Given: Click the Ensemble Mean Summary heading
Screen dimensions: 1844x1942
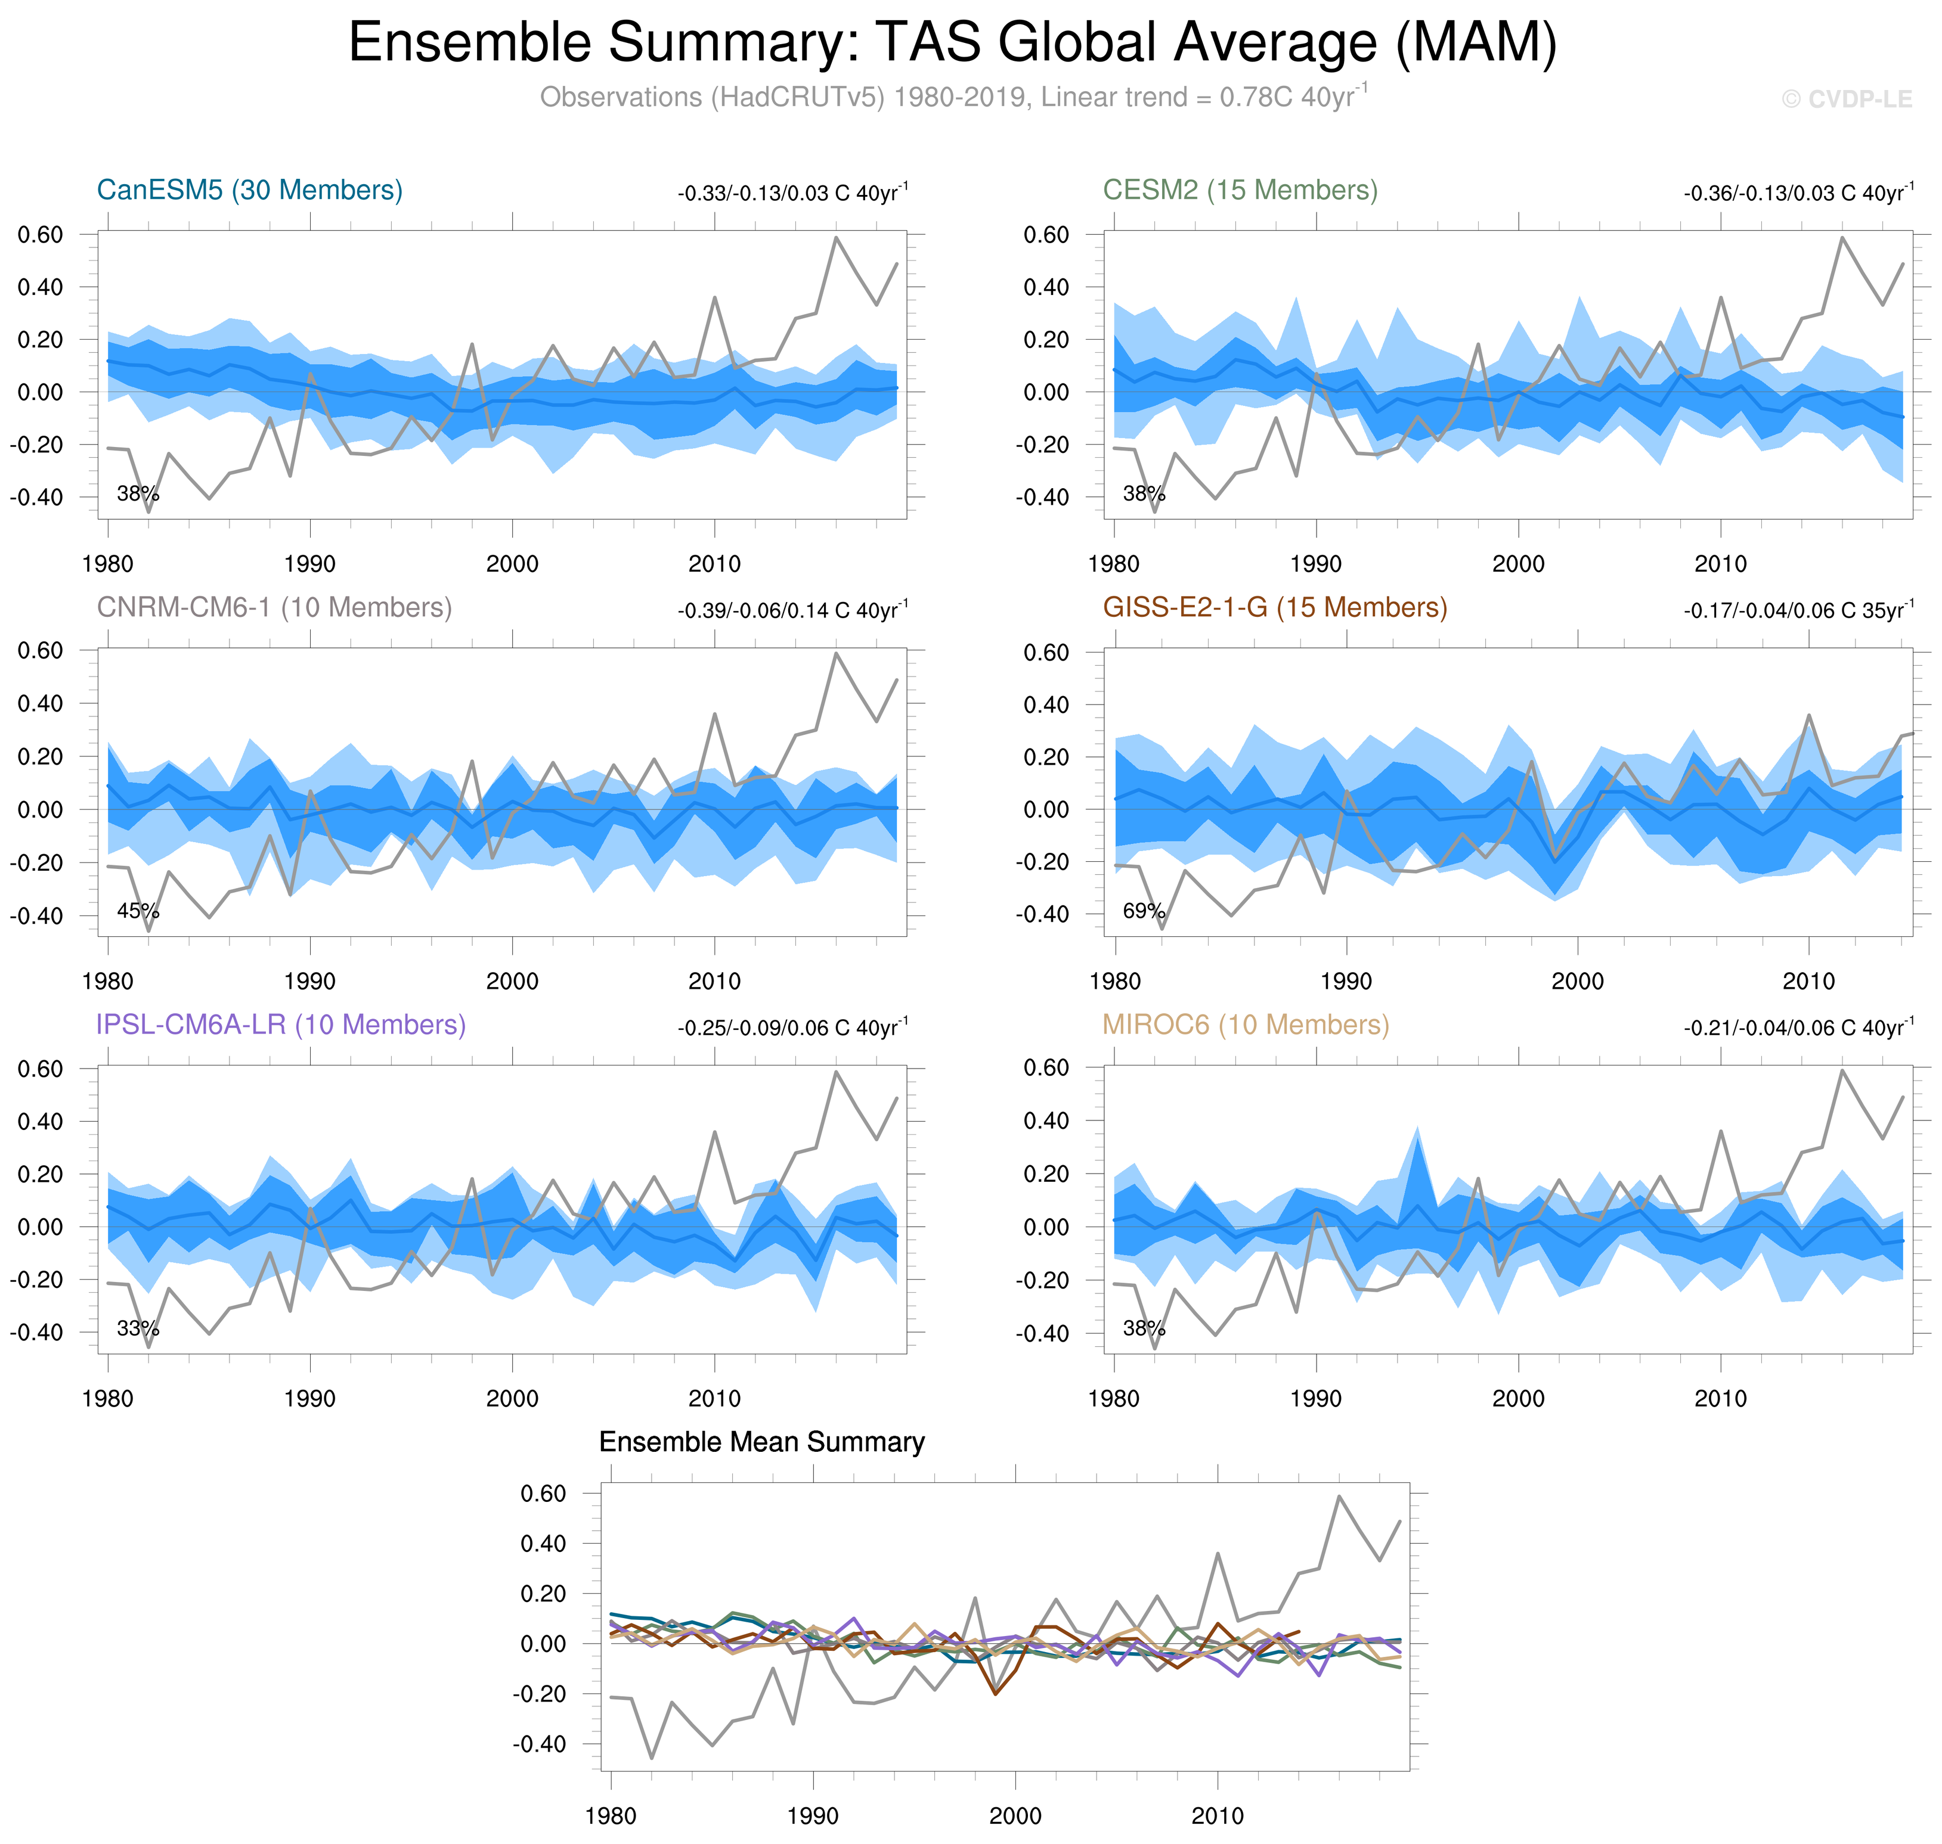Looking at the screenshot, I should click(x=762, y=1442).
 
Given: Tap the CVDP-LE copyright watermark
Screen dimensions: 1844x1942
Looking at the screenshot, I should click(x=1847, y=100).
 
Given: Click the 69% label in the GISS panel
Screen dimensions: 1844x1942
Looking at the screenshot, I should click(x=1144, y=911).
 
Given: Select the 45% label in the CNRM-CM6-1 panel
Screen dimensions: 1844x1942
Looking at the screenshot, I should click(x=138, y=911).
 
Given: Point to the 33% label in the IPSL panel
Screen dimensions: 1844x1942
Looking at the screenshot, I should click(x=138, y=1329).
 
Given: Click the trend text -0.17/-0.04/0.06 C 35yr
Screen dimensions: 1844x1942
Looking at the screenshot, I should click(x=1798, y=610).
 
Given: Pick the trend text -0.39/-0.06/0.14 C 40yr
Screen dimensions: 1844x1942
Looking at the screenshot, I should click(x=792, y=610).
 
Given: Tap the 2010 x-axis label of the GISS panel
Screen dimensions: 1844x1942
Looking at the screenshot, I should click(x=1809, y=981).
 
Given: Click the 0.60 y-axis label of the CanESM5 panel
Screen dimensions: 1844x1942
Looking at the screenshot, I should click(x=41, y=235).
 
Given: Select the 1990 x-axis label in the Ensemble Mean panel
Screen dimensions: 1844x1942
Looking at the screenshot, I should click(x=813, y=1817).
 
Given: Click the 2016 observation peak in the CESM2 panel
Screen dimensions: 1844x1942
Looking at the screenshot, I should click(x=1842, y=238).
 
